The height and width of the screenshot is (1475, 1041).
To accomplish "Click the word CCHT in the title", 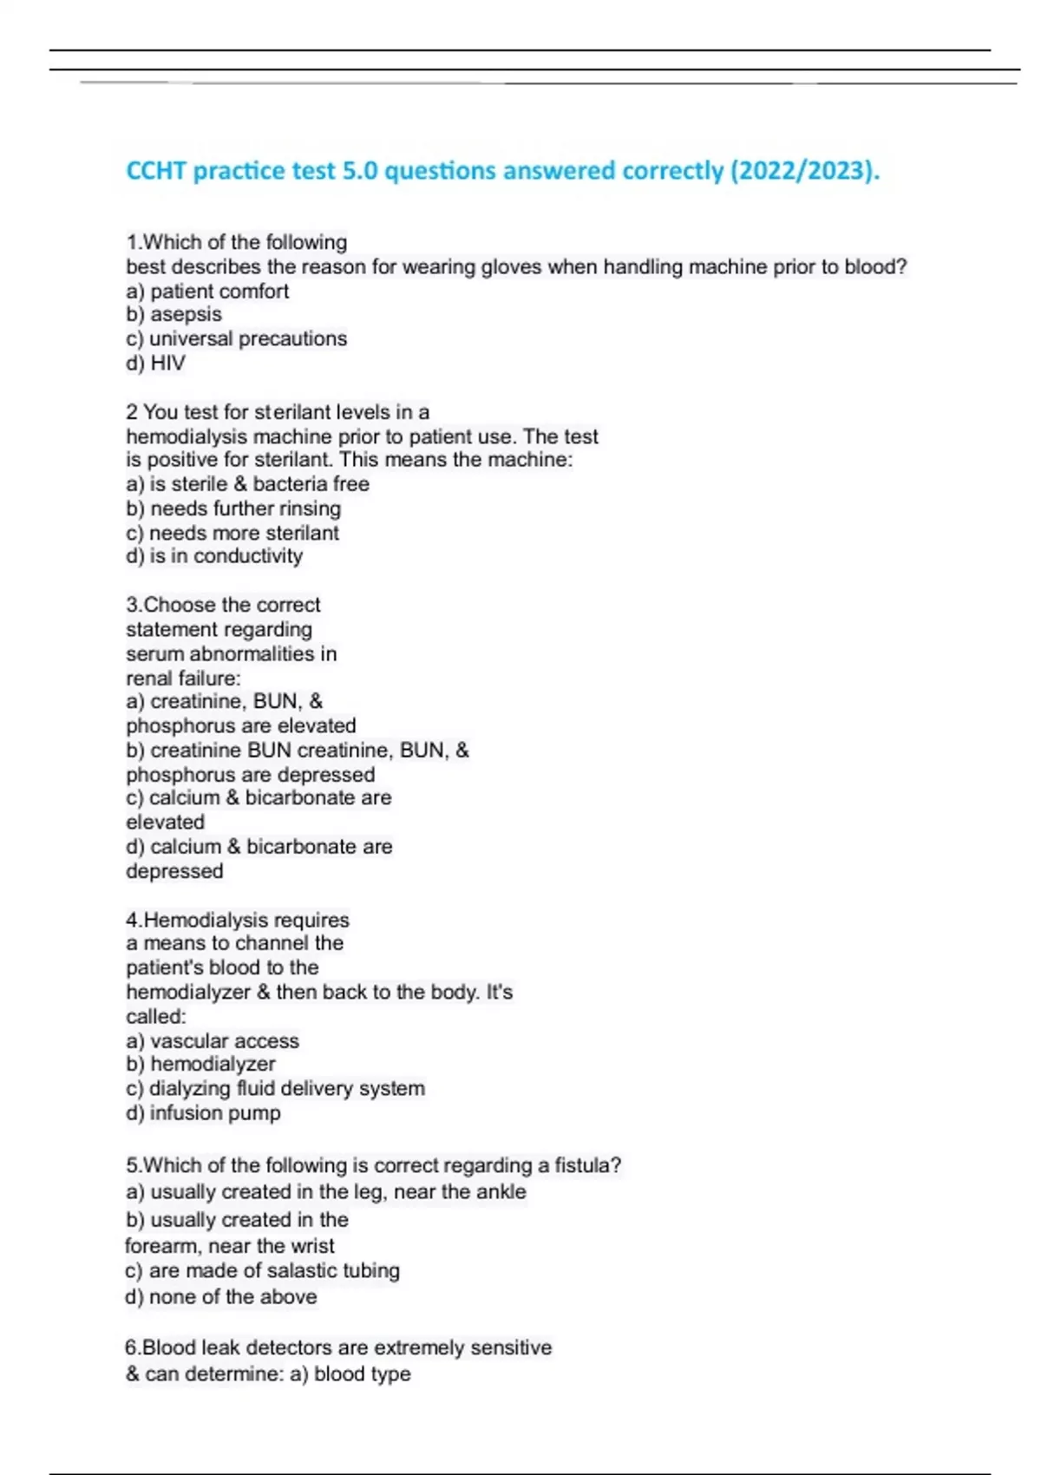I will [x=156, y=170].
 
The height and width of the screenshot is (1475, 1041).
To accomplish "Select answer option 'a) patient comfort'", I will [x=207, y=291].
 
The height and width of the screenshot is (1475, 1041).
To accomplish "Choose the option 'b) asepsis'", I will [x=173, y=314].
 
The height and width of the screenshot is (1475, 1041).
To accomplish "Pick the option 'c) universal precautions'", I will [x=236, y=338].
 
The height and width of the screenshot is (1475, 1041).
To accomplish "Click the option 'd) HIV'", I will [x=155, y=363].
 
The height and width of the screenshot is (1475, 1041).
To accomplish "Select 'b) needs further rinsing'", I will [x=233, y=508].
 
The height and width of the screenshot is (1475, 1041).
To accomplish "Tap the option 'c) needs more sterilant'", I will [x=232, y=533].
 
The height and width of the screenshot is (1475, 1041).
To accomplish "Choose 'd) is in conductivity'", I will [x=214, y=556].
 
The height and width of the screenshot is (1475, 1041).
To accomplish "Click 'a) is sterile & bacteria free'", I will [x=247, y=484].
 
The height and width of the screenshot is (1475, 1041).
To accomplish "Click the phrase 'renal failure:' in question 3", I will [x=183, y=678].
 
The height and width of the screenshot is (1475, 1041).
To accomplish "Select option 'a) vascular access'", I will [x=213, y=1040].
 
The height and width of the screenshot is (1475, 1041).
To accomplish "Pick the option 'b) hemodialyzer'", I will [x=200, y=1064].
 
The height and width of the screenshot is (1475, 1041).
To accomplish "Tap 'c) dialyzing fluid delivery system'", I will [x=275, y=1088].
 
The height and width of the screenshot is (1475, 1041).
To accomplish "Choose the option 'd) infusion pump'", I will [x=203, y=1112].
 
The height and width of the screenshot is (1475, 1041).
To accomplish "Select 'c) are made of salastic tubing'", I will [x=262, y=1270].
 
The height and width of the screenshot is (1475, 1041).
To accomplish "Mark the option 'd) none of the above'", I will [x=221, y=1296].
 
